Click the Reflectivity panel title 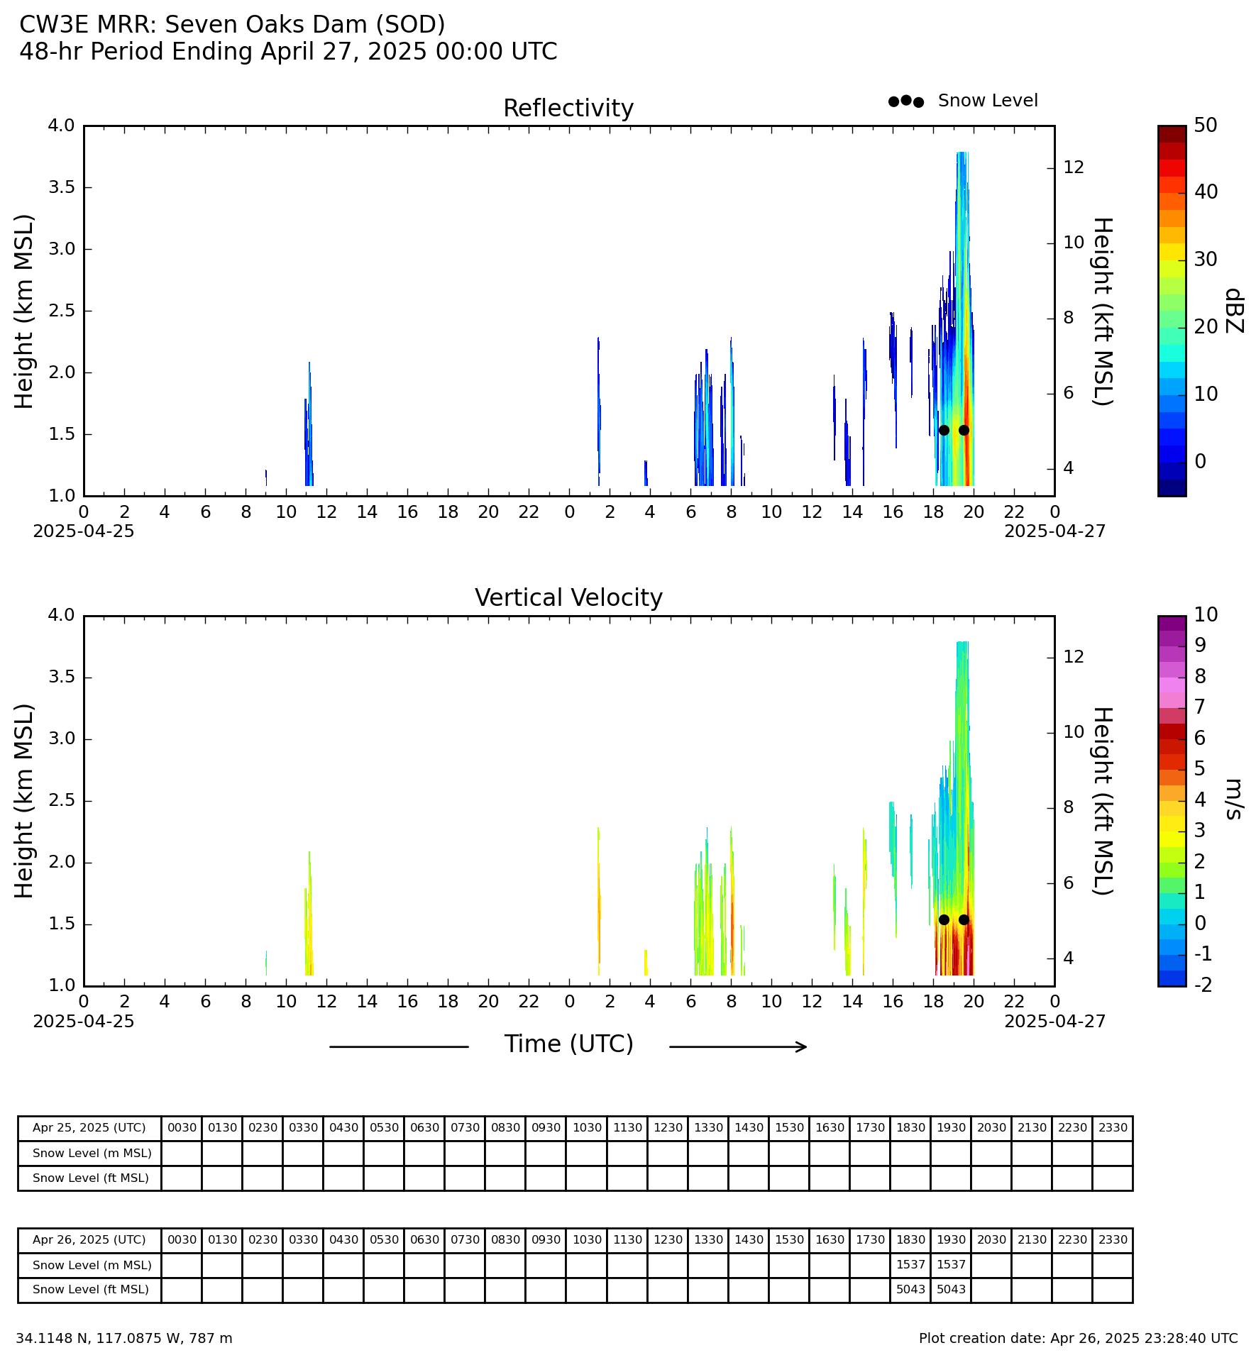click(x=568, y=109)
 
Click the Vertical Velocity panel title click(x=568, y=598)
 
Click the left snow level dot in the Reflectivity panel click(x=944, y=430)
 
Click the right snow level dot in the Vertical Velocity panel click(x=964, y=919)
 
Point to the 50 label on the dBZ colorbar click(x=1206, y=126)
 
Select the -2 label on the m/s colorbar click(x=1203, y=984)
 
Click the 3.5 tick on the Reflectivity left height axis click(x=61, y=187)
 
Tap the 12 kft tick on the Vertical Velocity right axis click(x=1074, y=657)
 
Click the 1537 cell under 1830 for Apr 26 click(x=910, y=1264)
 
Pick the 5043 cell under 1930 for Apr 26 click(x=951, y=1289)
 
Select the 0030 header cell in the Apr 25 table click(x=182, y=1127)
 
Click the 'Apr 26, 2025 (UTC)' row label click(x=89, y=1239)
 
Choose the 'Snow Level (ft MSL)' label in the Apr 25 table click(x=91, y=1178)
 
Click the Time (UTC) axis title click(x=568, y=1044)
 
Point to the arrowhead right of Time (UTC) click(x=803, y=1046)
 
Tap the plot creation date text click(x=1078, y=1338)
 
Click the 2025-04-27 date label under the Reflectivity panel click(x=1054, y=531)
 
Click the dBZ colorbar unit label click(x=1235, y=310)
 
